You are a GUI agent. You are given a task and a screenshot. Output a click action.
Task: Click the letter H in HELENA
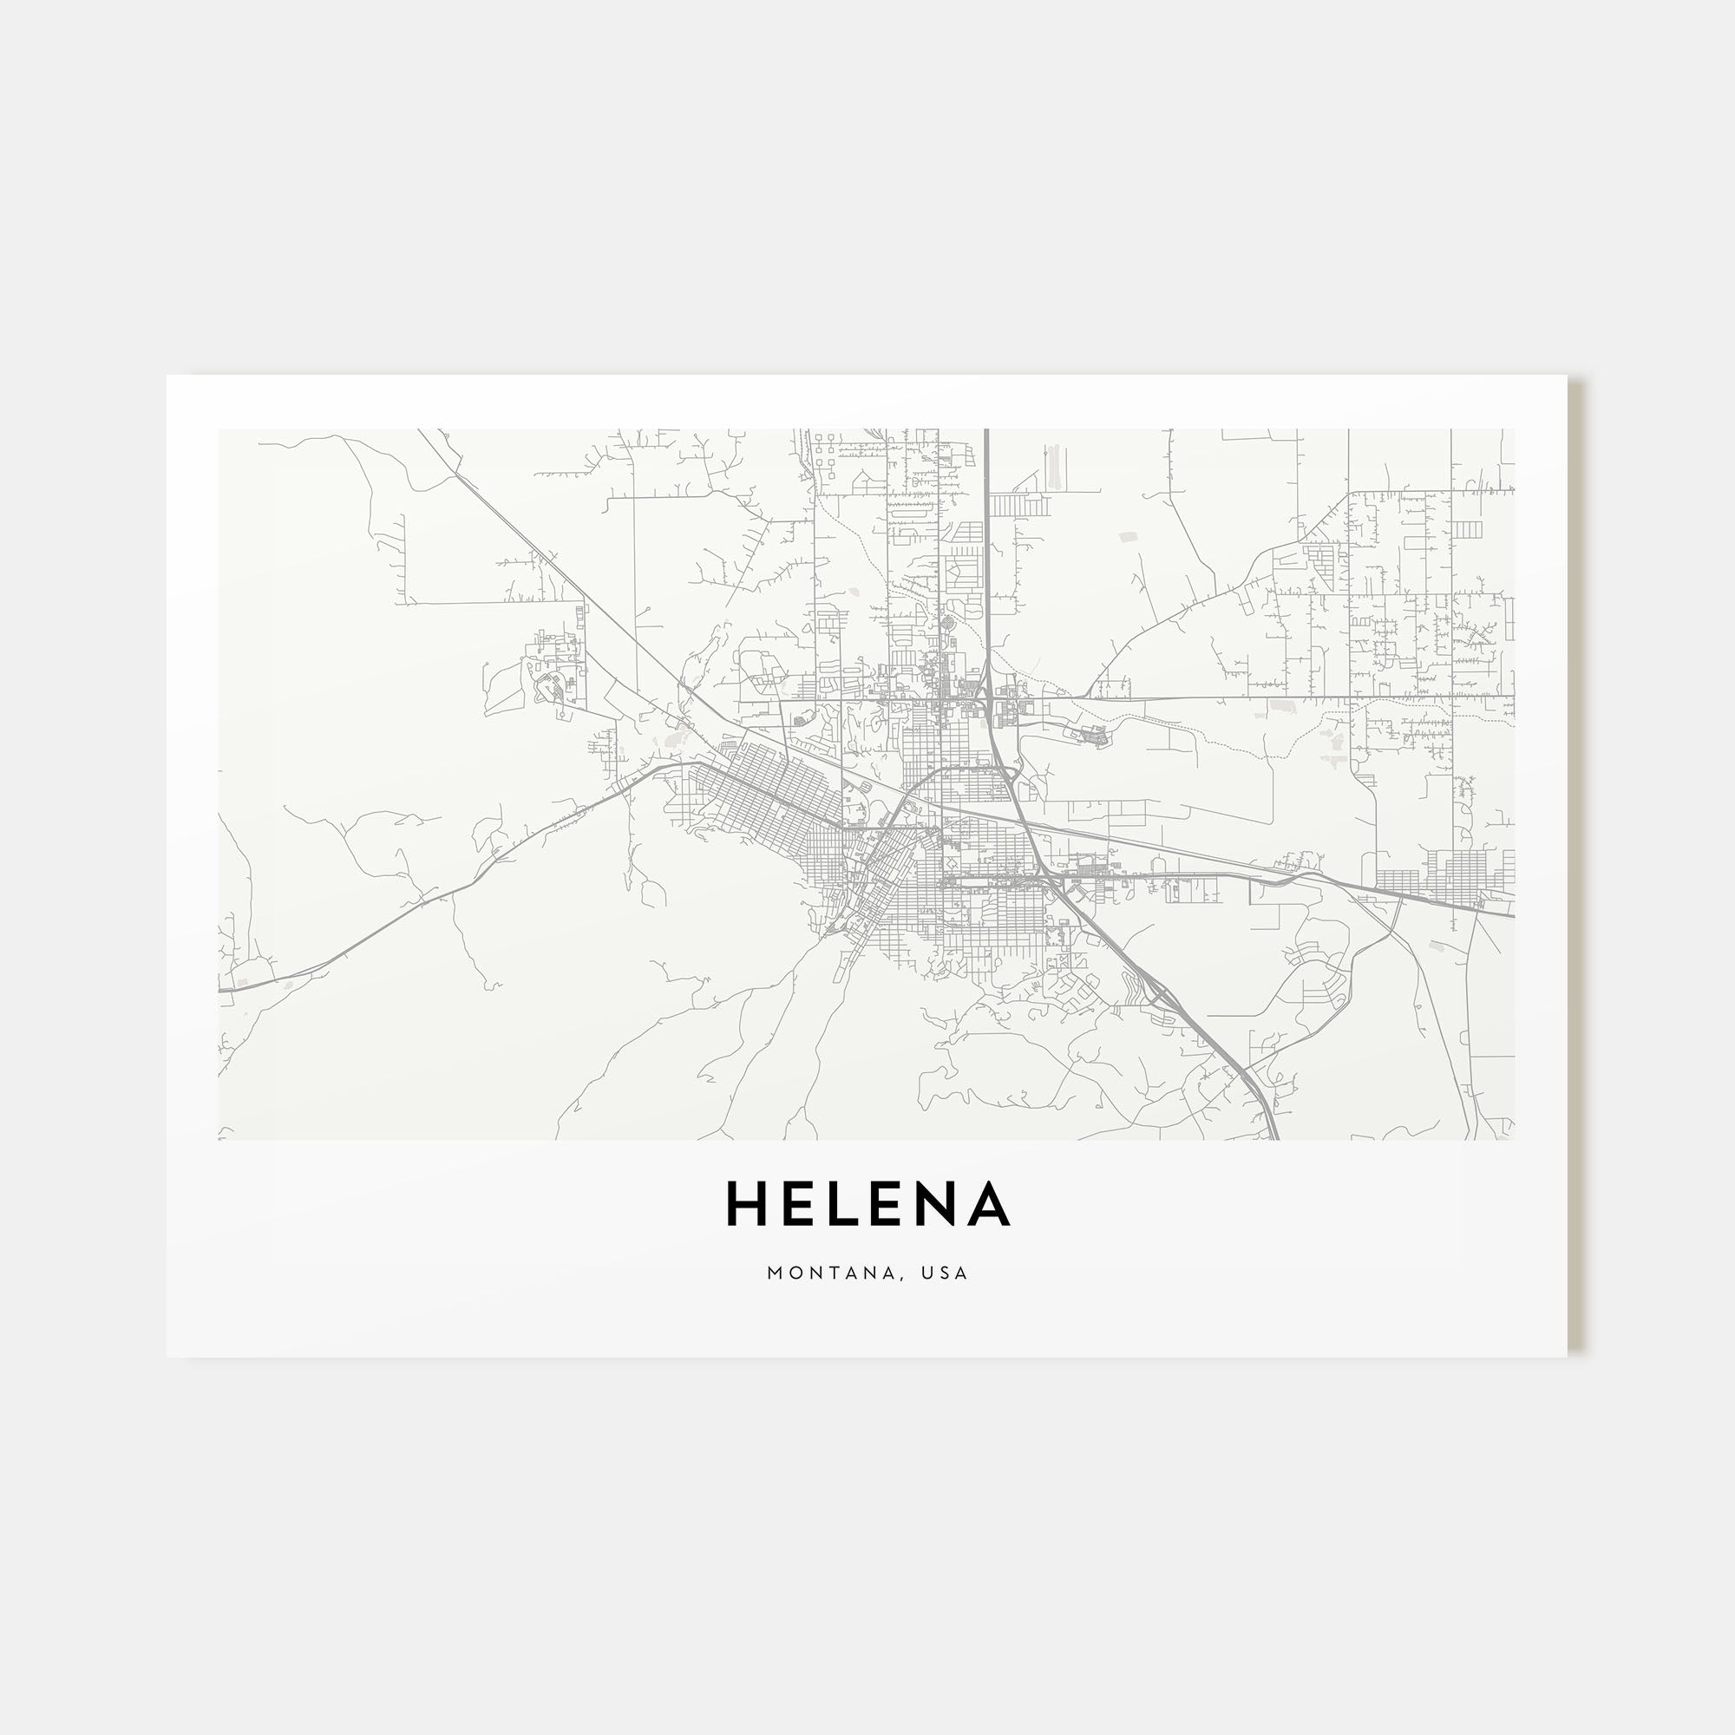tap(749, 1203)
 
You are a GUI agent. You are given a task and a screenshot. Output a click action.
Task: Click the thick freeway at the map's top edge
tap(986, 433)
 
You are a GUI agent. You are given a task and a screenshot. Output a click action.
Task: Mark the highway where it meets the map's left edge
tap(222, 989)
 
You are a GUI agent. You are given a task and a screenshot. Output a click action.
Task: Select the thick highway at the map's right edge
tap(1510, 915)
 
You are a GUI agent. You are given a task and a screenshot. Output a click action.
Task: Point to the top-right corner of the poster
tap(1567, 376)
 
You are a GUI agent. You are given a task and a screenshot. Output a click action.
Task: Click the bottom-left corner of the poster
tap(168, 1356)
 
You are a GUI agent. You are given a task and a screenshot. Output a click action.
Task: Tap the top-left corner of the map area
tap(219, 429)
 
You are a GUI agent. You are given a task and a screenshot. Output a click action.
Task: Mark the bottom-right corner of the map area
tap(1515, 1141)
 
